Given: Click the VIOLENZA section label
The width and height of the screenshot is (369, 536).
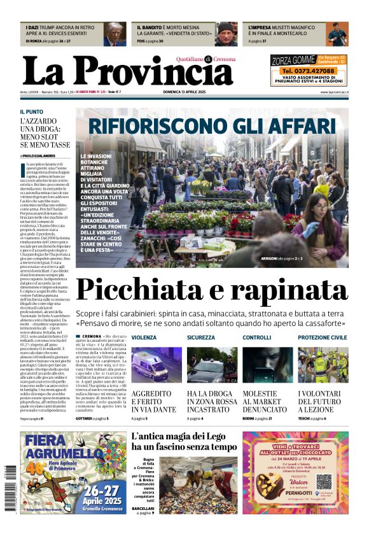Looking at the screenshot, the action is pyautogui.click(x=144, y=337).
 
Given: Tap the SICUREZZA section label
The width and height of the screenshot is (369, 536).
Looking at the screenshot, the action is pyautogui.click(x=201, y=337).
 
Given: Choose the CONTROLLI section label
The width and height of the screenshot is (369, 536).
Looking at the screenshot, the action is pyautogui.click(x=256, y=337).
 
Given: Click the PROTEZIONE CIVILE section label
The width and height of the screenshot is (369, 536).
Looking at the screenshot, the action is pyautogui.click(x=323, y=337).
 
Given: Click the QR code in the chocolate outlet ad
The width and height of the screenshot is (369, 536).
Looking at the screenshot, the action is pyautogui.click(x=324, y=481).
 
